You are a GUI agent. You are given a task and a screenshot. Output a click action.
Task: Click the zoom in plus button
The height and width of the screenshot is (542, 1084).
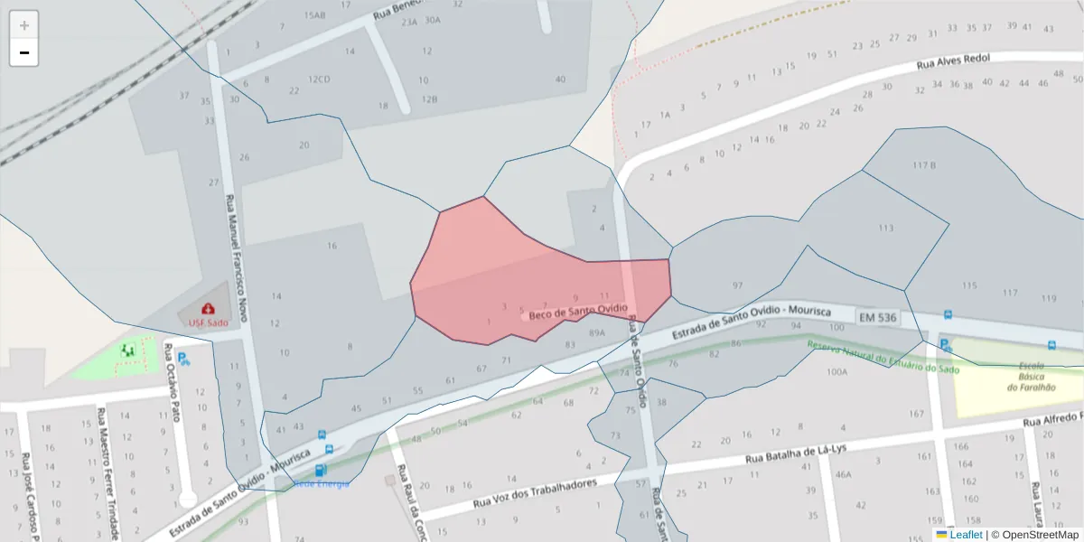pos(24,25)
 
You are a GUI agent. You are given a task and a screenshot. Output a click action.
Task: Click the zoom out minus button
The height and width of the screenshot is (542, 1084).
pos(24,52)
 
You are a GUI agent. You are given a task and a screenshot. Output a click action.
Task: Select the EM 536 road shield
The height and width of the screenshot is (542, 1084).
pos(877,317)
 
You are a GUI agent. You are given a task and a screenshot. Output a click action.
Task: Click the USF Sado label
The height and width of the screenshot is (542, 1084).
pos(208,322)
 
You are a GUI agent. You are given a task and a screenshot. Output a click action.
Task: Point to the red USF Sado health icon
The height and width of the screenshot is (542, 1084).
pos(209,309)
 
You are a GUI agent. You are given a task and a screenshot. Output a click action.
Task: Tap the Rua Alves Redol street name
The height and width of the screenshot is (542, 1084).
pos(953,61)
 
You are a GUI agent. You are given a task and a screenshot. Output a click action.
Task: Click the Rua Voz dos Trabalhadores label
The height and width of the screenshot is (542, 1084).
pos(536,493)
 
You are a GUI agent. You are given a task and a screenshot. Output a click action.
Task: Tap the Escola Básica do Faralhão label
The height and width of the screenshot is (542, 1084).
pos(1031,377)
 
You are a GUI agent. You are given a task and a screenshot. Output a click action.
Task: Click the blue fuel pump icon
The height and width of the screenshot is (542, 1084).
pos(320,471)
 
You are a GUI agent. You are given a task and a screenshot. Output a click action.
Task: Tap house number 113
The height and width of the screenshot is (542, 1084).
pos(885,228)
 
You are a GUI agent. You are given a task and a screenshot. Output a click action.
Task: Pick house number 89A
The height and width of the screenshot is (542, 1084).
pos(596,332)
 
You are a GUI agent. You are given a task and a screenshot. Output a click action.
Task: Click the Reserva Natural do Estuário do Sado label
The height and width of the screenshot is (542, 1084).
pos(883,356)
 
